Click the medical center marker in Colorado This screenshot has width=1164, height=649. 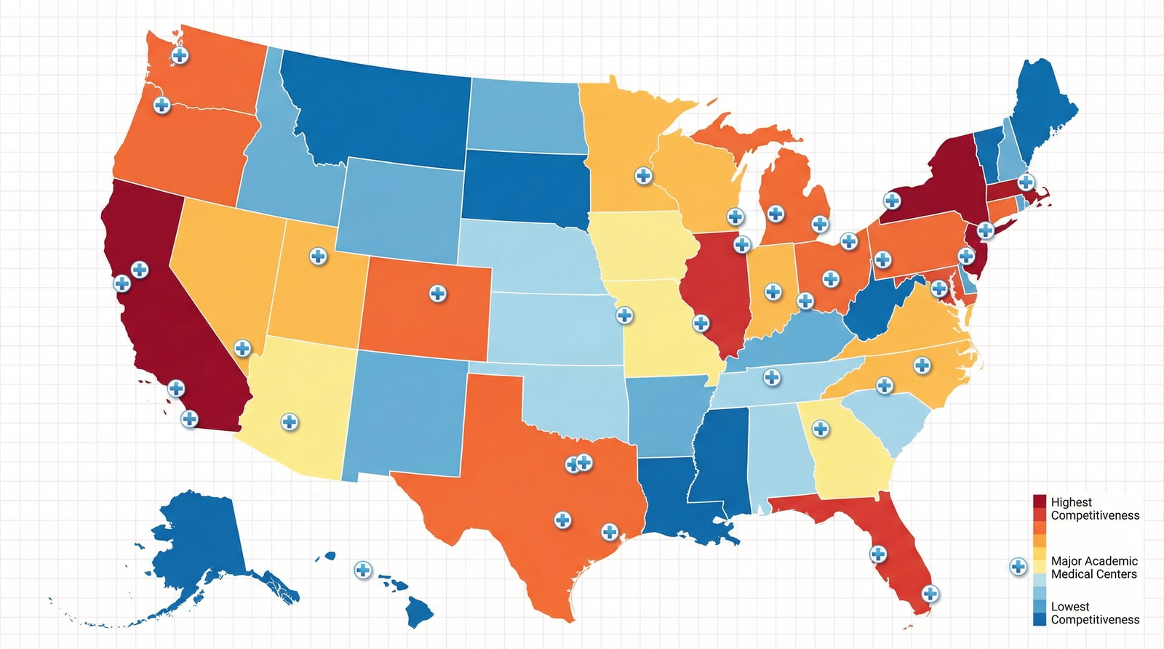click(437, 294)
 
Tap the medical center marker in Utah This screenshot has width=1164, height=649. click(318, 256)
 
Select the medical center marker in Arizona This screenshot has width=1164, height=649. click(290, 422)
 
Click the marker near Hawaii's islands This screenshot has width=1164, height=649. click(362, 570)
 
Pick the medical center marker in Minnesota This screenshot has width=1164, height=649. click(643, 175)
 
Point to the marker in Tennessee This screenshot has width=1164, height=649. click(772, 377)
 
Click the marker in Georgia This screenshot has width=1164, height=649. click(821, 429)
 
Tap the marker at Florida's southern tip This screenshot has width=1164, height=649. click(930, 594)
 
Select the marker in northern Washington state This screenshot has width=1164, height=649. click(180, 55)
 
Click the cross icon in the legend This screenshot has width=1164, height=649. click(1018, 567)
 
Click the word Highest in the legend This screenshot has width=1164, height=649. click(1071, 502)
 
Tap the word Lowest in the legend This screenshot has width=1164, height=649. click(1069, 606)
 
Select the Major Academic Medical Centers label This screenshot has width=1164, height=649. click(1093, 568)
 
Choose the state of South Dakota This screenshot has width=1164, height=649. click(524, 185)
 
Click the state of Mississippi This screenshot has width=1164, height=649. click(720, 458)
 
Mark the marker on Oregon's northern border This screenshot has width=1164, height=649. click(162, 105)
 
